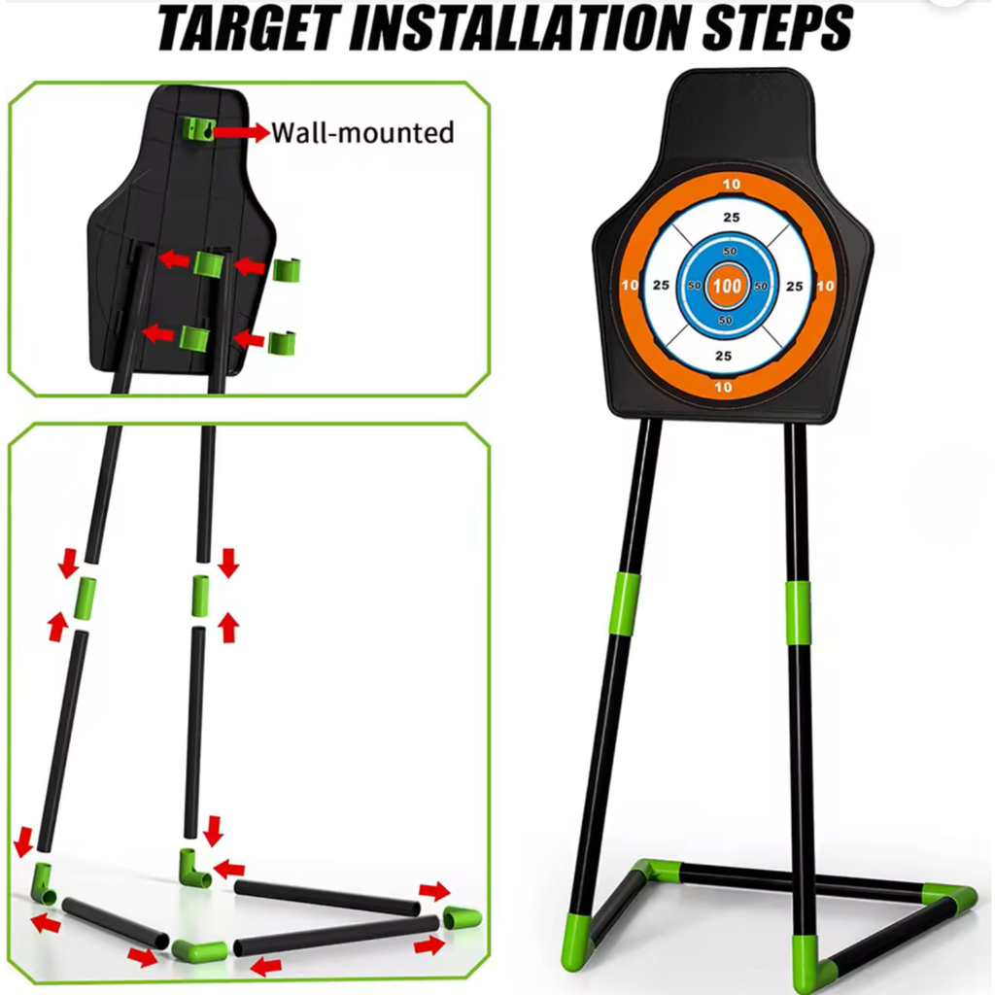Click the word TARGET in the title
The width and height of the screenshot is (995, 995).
click(246, 28)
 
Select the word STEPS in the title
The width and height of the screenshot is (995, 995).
click(777, 28)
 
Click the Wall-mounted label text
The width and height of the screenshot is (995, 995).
click(363, 132)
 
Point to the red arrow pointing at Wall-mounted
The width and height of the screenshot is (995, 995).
click(242, 132)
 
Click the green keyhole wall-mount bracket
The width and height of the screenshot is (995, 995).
click(198, 129)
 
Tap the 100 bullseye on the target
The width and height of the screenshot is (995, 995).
click(727, 287)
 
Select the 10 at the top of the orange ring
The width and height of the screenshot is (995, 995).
click(731, 184)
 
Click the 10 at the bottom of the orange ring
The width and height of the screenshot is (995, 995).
click(723, 387)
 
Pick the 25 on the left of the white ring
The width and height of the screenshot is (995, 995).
click(661, 286)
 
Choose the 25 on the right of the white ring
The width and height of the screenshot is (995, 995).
click(795, 287)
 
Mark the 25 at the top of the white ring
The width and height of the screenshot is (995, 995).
click(732, 217)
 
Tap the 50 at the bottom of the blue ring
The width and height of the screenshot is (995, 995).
click(725, 320)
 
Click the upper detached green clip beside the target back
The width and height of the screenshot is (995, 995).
click(287, 270)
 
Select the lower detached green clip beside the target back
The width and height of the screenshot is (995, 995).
click(282, 343)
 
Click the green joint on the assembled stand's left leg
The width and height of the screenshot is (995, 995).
click(625, 602)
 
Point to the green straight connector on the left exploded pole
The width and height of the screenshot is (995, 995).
click(85, 598)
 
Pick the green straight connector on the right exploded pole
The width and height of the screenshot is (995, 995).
click(200, 596)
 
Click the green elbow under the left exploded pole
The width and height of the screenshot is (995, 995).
click(43, 884)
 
